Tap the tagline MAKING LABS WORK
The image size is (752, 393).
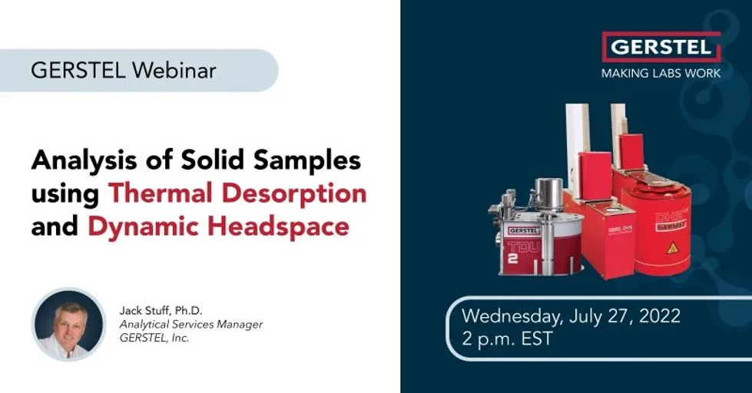pos(661,73)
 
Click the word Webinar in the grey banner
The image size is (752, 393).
pos(174,71)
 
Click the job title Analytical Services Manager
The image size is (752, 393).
pos(190,325)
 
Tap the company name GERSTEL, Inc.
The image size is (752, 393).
pos(154,338)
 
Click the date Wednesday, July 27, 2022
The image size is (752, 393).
pos(571,315)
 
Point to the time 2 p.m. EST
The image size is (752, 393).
pos(507,339)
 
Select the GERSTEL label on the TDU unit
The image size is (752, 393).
pos(524,230)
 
